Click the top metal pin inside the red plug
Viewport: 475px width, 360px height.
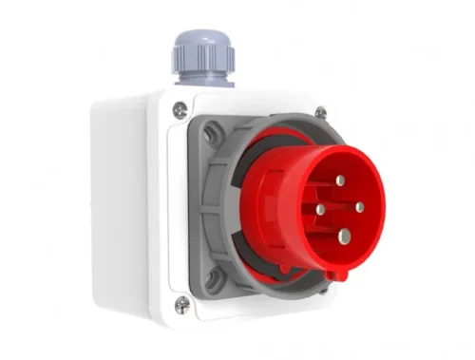tap(340, 180)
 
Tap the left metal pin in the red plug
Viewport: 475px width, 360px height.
tap(321, 209)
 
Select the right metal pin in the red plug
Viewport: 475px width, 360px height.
tap(359, 206)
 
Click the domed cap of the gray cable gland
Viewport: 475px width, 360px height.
tap(201, 43)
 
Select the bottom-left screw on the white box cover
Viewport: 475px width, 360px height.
tap(181, 304)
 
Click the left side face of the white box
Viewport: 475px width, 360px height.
tap(128, 199)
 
